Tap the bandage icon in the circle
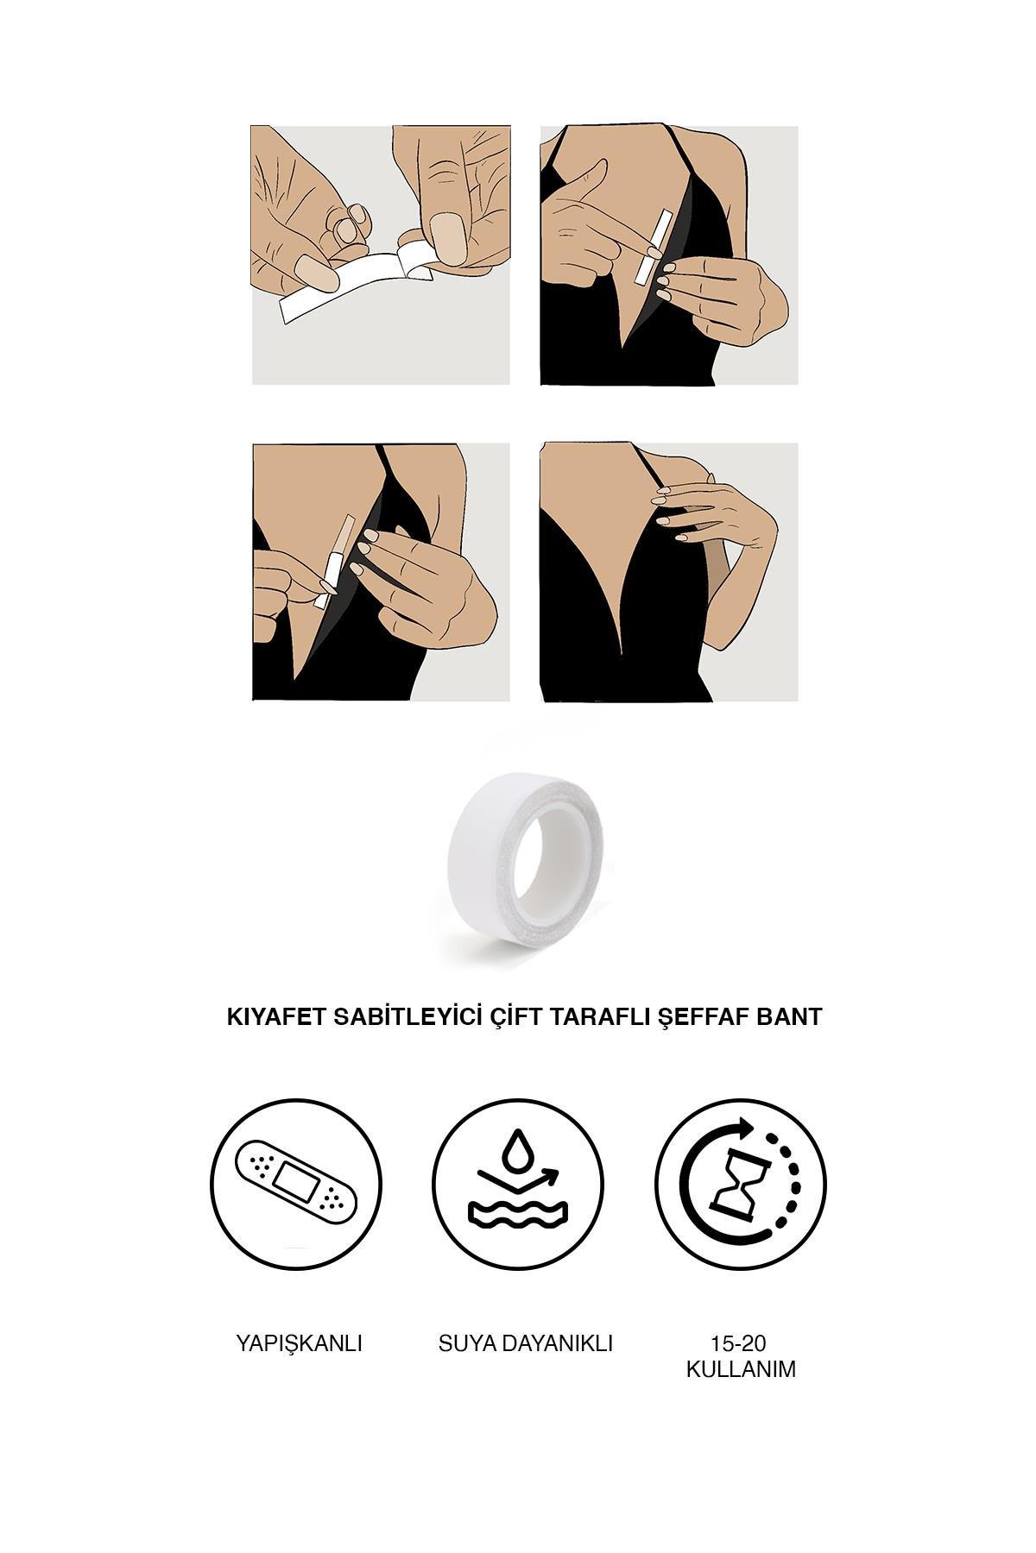(295, 1179)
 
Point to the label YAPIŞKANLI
(299, 1343)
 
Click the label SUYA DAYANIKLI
(526, 1343)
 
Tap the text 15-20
(739, 1343)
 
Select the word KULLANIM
(740, 1369)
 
